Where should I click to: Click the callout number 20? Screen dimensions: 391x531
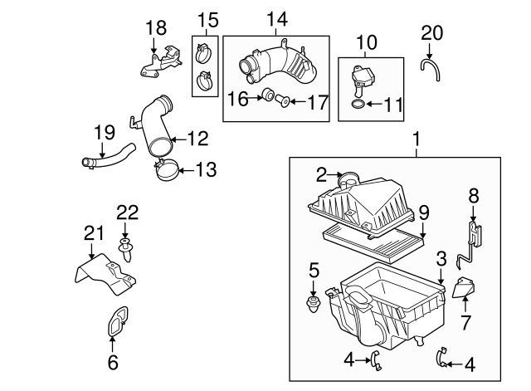coord(432,32)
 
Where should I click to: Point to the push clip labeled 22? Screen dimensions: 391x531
coord(128,248)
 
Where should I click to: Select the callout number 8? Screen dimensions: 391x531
coord(474,196)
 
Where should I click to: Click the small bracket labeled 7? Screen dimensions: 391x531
coord(467,289)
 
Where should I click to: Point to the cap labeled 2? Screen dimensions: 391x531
coord(349,177)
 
